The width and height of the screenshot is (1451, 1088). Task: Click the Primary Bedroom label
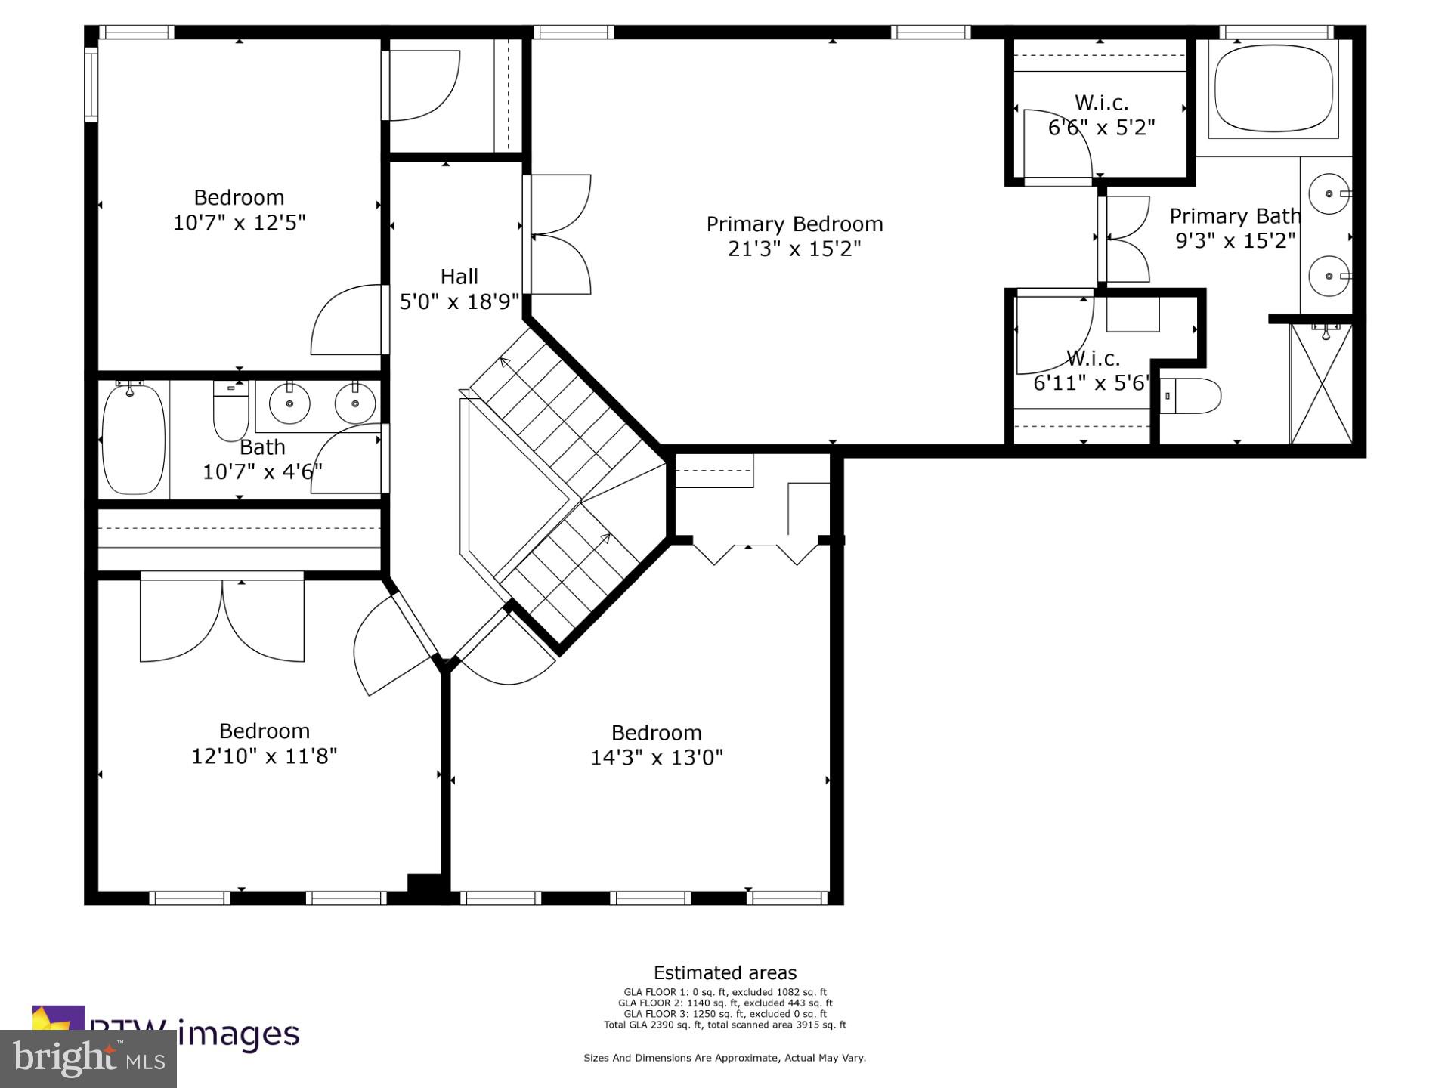(794, 224)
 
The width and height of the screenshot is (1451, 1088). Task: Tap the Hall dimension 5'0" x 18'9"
(459, 302)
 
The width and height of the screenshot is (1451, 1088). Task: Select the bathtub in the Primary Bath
(1273, 90)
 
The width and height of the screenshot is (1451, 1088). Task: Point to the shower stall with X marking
(1321, 385)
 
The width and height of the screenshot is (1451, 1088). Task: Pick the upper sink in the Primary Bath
(1328, 193)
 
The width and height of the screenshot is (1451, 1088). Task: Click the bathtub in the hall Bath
(133, 440)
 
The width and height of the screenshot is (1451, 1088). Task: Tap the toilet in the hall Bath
(230, 412)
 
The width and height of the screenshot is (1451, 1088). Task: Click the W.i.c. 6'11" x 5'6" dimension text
(1091, 383)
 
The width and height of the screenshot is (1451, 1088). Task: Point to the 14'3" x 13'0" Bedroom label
(656, 733)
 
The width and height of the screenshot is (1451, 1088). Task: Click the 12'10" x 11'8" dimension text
(264, 756)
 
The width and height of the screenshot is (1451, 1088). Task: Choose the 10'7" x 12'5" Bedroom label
(239, 198)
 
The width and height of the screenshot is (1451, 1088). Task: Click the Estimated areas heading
(725, 973)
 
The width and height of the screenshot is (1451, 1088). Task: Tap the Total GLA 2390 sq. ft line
(725, 1025)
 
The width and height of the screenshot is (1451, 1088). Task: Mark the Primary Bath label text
(1235, 216)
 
